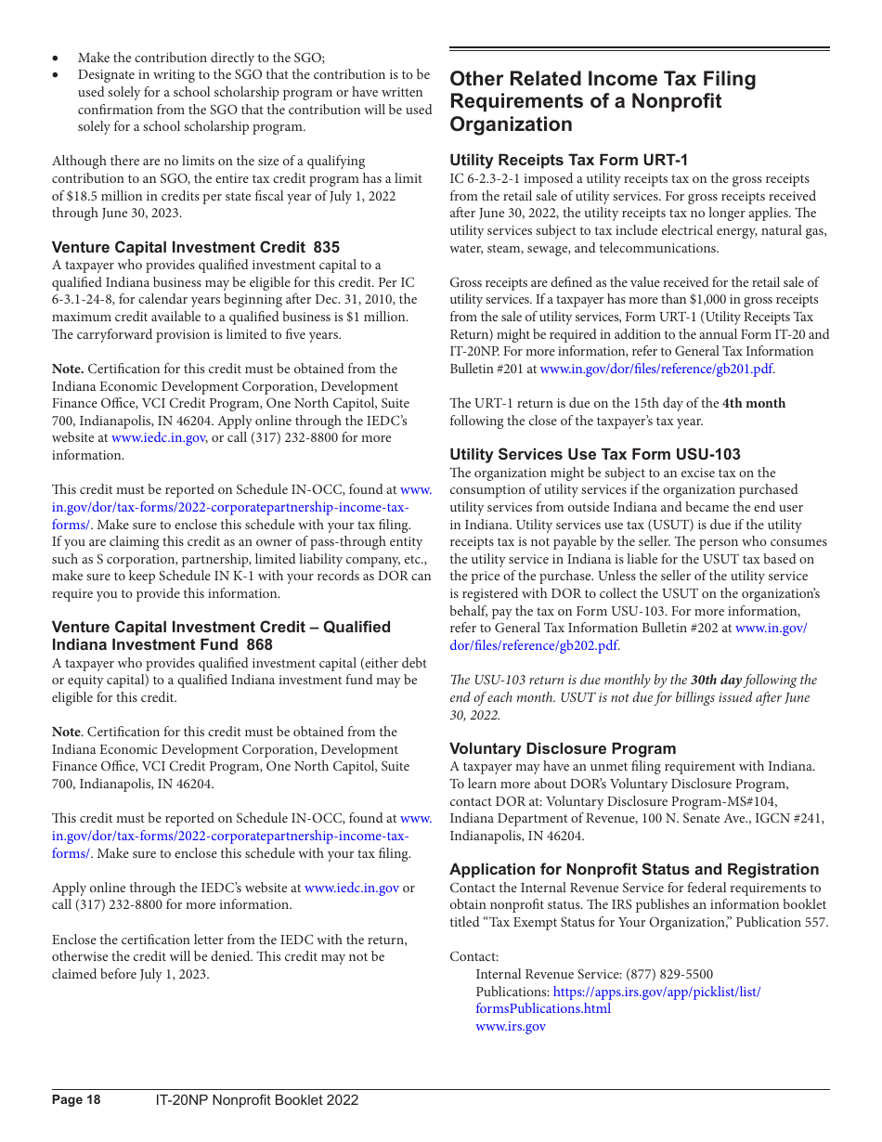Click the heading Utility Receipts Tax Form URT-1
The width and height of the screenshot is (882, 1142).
pyautogui.click(x=568, y=160)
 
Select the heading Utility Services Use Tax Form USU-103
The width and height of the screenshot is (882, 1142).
pyautogui.click(x=595, y=454)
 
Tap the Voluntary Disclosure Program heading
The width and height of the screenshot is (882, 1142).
pyautogui.click(x=563, y=748)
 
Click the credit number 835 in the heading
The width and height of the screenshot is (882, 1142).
pyautogui.click(x=327, y=247)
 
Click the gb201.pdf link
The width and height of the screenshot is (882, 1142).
pyautogui.click(x=655, y=369)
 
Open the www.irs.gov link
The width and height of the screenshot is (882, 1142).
pyautogui.click(x=511, y=1026)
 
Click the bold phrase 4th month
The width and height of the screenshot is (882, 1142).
pyautogui.click(x=754, y=403)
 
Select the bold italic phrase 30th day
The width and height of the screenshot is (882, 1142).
pyautogui.click(x=716, y=680)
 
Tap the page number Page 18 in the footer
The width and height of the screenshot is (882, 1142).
pyautogui.click(x=76, y=1100)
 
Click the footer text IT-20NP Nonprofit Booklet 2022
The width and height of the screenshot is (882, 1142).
pyautogui.click(x=256, y=1100)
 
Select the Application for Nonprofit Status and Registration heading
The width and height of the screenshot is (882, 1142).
pyautogui.click(x=634, y=869)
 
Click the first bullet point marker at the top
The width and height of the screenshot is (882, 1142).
pyautogui.click(x=57, y=58)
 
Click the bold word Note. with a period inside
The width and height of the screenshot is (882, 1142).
pyautogui.click(x=68, y=369)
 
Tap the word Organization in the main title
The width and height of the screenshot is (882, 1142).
pyautogui.click(x=511, y=124)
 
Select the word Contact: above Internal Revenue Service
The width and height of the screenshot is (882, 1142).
pyautogui.click(x=473, y=956)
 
